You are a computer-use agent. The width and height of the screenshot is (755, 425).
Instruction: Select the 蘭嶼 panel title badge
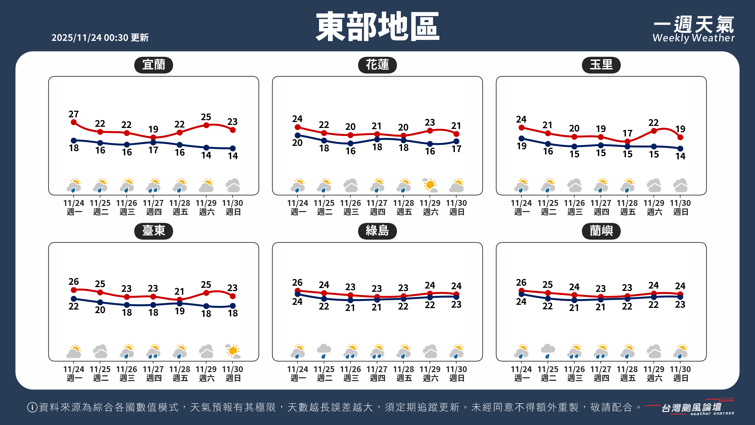[x=601, y=231]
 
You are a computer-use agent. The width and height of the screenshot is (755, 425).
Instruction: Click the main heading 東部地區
[x=377, y=27]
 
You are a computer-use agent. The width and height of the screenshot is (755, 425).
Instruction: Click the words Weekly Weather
[x=693, y=38]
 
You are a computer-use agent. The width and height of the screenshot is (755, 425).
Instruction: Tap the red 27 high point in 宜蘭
[x=74, y=122]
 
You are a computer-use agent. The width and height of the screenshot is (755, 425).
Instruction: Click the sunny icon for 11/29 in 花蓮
[x=430, y=185]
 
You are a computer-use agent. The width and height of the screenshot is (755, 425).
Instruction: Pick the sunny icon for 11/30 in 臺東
[x=233, y=351]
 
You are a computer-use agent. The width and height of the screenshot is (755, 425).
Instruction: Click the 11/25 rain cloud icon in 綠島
[x=324, y=351]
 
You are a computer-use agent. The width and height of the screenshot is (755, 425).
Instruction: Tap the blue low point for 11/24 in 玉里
[x=521, y=138]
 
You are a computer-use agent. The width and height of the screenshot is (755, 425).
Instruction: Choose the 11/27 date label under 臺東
[x=153, y=369]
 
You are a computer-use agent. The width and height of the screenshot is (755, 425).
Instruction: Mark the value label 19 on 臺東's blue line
[x=180, y=311]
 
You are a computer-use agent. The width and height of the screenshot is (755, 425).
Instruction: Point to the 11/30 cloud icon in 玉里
[x=680, y=185]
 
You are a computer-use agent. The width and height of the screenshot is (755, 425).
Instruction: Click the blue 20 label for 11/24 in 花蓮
[x=297, y=143]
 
